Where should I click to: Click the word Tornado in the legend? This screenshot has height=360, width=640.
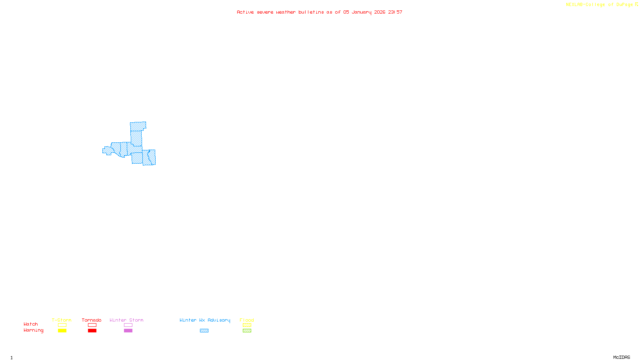point(92,320)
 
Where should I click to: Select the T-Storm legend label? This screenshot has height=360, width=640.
point(62,320)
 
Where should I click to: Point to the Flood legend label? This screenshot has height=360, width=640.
point(247,320)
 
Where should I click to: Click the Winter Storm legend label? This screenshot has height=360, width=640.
point(126,320)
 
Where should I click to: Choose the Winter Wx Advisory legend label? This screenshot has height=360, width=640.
point(205,320)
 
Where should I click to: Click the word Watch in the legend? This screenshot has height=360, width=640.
point(31,324)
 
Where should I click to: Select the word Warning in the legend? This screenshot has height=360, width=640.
point(34,330)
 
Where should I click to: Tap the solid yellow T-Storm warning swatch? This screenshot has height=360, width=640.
point(62,331)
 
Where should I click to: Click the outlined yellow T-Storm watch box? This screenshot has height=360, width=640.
point(62,325)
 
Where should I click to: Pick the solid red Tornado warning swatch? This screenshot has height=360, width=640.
point(92,331)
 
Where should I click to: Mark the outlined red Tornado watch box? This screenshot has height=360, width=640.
point(92,325)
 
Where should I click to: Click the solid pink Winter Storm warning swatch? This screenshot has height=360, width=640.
point(128,331)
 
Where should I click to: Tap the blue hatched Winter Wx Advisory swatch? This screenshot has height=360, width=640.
point(204,331)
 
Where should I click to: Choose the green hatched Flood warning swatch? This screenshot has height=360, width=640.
point(247,331)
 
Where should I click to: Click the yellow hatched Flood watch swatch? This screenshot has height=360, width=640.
point(247,325)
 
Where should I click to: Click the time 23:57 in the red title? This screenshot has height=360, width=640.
point(395,12)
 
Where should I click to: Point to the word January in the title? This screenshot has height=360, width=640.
point(362,12)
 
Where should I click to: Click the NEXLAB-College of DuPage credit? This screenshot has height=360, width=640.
point(600,4)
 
